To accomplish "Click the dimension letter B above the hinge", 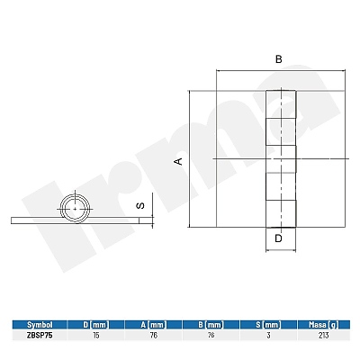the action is tap(279, 59).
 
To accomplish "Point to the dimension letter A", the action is tap(179, 161).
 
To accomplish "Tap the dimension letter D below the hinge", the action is tap(279, 238).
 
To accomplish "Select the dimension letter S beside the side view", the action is tap(140, 205).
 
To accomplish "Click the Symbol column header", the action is tap(40, 325).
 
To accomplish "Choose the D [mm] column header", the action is tap(96, 325).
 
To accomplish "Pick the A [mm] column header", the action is tap(154, 325).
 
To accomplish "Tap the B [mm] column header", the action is tap(211, 325).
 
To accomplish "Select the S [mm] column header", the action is tap(268, 325).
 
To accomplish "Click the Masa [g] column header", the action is tap(324, 325).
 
